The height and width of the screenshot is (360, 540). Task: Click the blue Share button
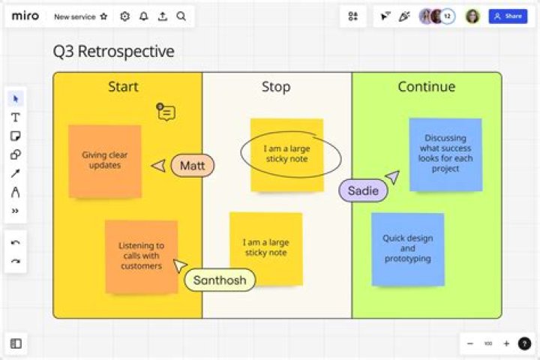(x=508, y=16)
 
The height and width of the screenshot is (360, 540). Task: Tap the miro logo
(x=25, y=16)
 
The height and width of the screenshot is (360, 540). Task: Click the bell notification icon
(x=143, y=16)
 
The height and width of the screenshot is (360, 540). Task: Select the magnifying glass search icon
(x=181, y=16)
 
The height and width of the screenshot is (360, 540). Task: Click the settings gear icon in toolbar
(x=125, y=16)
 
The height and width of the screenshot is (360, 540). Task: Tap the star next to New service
(x=103, y=16)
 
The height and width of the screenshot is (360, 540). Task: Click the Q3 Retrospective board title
(x=114, y=51)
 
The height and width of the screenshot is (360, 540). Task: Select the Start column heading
(x=123, y=86)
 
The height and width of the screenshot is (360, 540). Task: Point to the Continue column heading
(x=426, y=86)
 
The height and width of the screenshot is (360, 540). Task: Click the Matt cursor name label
(x=193, y=166)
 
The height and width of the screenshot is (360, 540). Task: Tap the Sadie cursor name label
(x=363, y=190)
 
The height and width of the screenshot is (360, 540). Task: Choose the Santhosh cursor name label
(x=220, y=280)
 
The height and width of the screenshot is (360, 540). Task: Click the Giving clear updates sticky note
(x=105, y=161)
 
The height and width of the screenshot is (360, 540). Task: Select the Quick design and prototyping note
(x=408, y=249)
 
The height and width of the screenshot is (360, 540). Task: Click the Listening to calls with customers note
(x=141, y=256)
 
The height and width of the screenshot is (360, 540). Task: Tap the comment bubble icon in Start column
(x=166, y=112)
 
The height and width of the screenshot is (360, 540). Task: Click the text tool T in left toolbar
(x=16, y=118)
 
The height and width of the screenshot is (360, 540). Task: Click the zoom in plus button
(x=506, y=343)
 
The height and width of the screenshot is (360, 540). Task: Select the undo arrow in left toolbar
(x=16, y=242)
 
